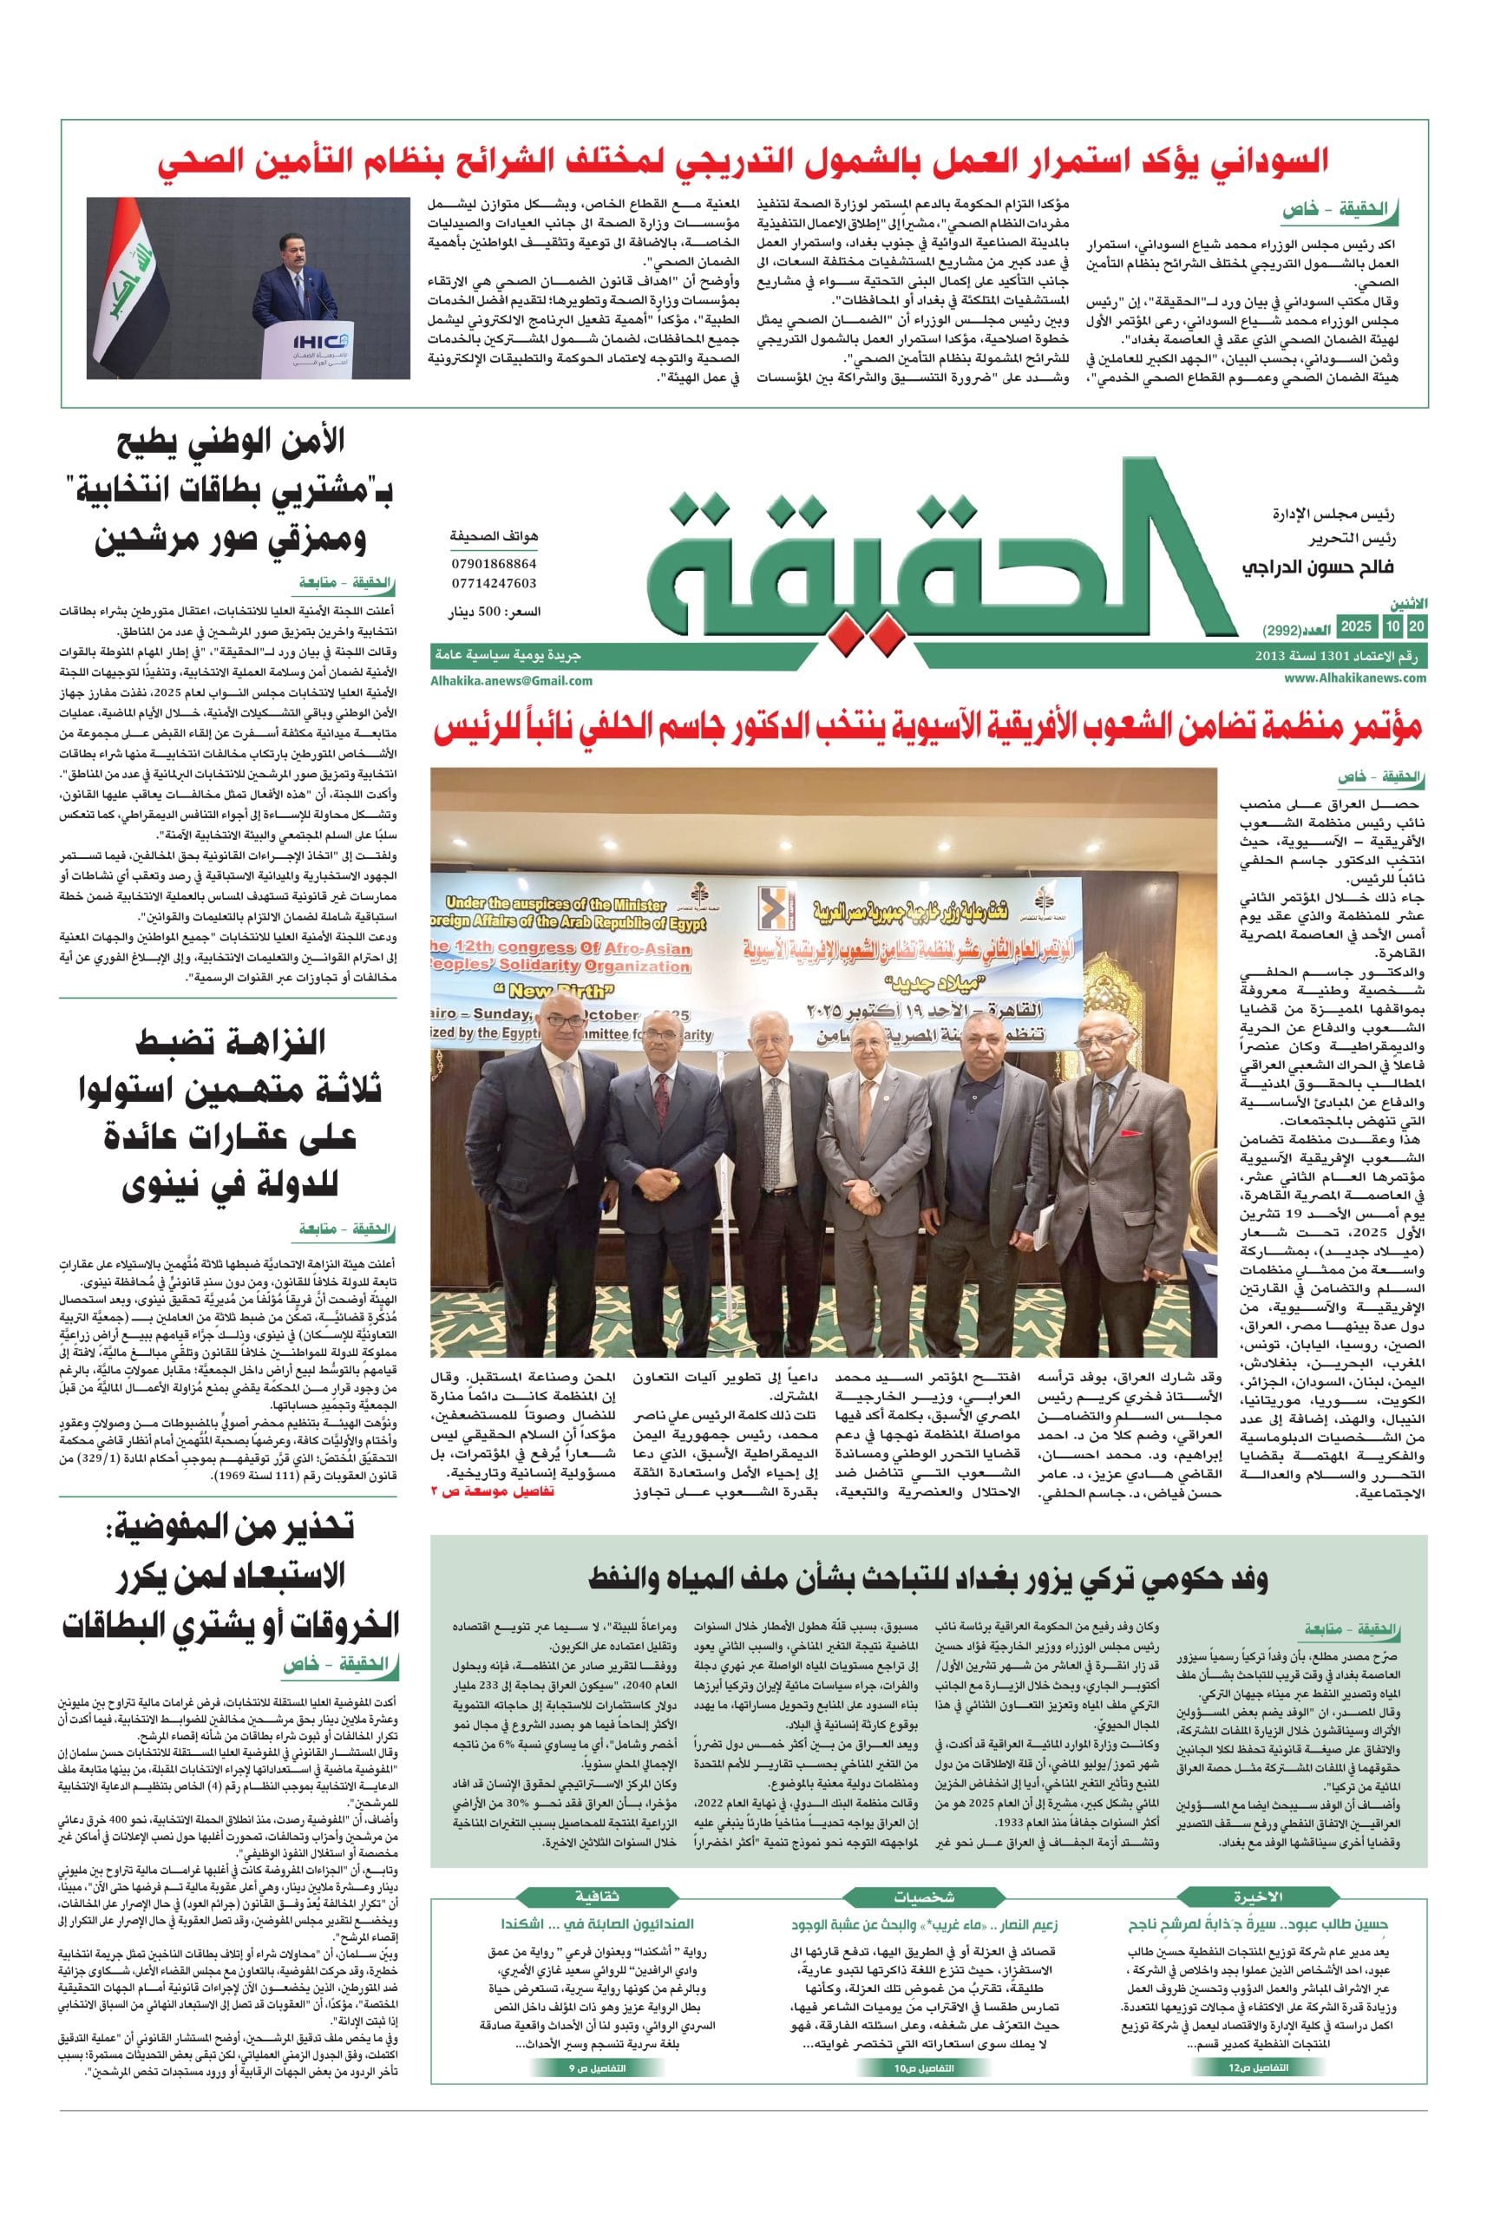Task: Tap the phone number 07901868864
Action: (x=495, y=563)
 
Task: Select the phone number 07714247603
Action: (x=495, y=583)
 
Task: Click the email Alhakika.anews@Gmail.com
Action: (x=511, y=680)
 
